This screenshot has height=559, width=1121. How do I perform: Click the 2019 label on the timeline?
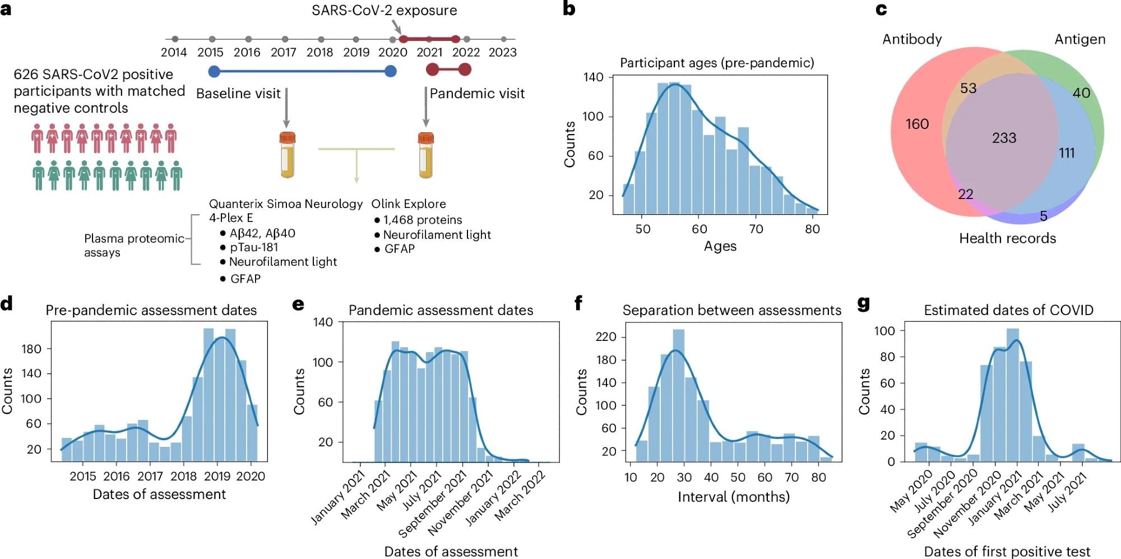click(356, 52)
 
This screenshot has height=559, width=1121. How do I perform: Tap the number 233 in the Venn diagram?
click(1004, 138)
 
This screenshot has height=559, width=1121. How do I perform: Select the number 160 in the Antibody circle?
click(917, 124)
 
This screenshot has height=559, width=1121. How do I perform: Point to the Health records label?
click(1007, 238)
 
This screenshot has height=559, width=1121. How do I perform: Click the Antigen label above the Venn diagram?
click(1080, 39)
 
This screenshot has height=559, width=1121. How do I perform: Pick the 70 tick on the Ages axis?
click(756, 229)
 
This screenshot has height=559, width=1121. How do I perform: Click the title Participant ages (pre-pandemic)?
click(717, 63)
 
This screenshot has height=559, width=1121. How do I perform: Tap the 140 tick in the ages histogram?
click(593, 77)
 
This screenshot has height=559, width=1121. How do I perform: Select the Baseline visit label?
click(238, 94)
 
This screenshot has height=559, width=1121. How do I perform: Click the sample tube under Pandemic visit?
click(426, 155)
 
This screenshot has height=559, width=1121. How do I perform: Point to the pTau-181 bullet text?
click(254, 247)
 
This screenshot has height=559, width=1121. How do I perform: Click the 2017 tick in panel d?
click(150, 476)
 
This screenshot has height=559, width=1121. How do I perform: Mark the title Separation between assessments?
click(731, 310)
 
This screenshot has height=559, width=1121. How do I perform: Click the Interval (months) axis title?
click(733, 497)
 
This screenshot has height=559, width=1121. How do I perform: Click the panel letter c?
click(881, 9)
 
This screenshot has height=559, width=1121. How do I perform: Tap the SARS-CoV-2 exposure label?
click(384, 10)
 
